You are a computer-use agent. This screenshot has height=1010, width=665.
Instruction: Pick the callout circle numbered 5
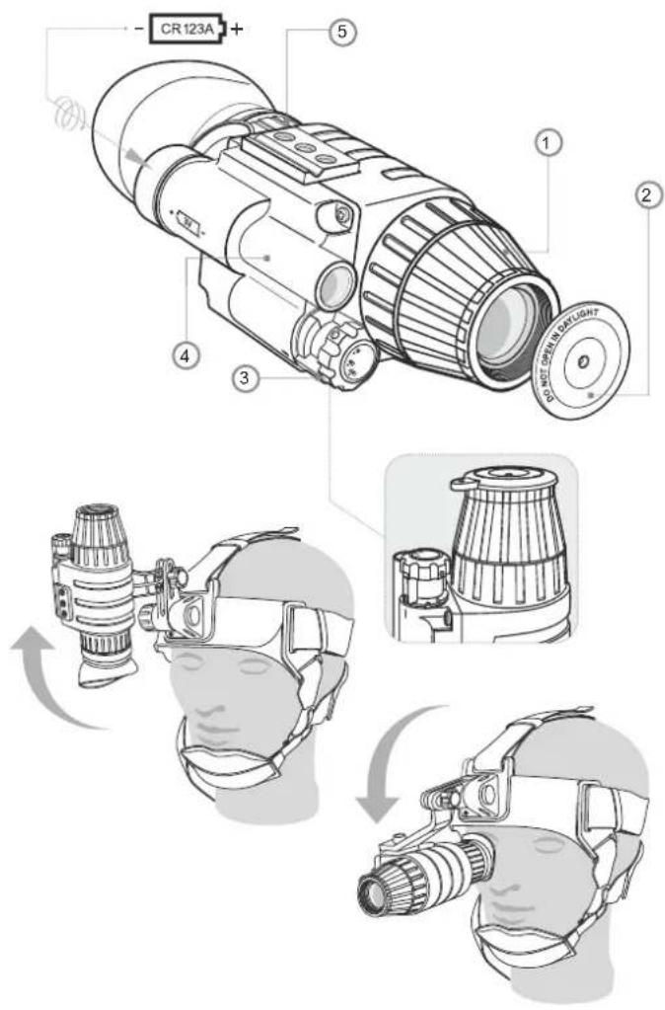(x=340, y=33)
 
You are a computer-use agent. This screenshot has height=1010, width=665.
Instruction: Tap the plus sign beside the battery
(x=236, y=29)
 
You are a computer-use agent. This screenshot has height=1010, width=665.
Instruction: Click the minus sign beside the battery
(x=138, y=30)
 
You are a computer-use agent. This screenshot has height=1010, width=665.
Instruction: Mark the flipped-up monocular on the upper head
(x=99, y=583)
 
